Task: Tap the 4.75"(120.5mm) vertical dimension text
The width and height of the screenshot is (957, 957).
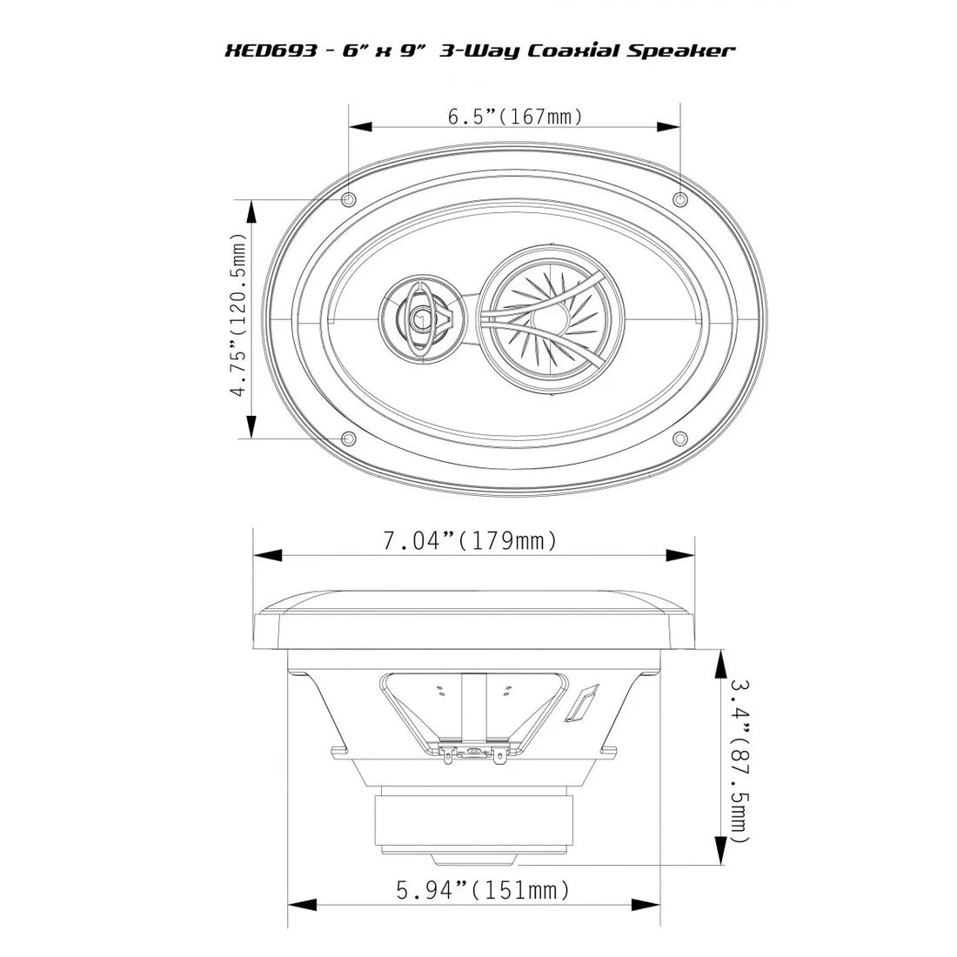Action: tap(238, 314)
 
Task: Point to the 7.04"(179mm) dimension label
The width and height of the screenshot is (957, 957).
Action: tap(470, 541)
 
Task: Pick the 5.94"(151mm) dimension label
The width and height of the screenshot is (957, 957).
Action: tap(484, 891)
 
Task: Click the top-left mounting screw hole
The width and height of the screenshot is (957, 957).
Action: tap(349, 200)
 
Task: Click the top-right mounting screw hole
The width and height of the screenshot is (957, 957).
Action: tap(681, 200)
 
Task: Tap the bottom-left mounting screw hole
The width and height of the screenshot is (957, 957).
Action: tap(349, 438)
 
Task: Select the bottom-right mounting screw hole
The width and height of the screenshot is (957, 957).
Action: tap(681, 438)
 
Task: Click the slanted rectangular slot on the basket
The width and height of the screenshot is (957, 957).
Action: tap(581, 703)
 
